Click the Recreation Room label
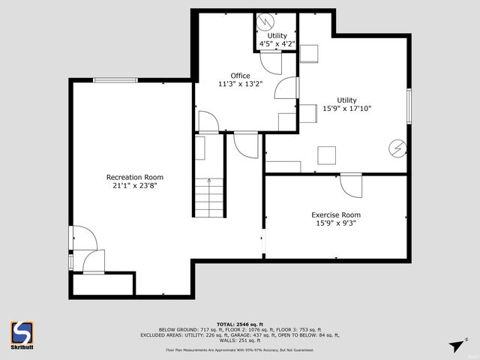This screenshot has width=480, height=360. coord(131,177)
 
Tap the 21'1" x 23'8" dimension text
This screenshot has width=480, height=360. coord(131,185)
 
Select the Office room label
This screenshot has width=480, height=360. coord(240,75)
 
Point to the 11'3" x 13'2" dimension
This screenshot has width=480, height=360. coord(240,84)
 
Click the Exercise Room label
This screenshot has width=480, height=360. coord(335,215)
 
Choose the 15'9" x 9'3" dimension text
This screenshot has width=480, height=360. coord(335,223)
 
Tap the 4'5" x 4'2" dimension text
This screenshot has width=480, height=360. coord(277,44)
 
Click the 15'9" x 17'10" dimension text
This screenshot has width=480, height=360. coord(346,109)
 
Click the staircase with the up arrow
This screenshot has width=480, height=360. coord(209,196)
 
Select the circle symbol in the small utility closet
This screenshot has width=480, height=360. coord(264,22)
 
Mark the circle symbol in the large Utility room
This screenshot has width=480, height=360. coord(396,147)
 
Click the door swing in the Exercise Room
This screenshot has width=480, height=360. coord(350,184)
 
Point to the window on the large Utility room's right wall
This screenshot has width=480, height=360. coord(409,106)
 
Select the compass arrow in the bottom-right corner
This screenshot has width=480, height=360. coord(455,346)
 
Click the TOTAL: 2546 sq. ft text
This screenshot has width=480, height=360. coord(239,322)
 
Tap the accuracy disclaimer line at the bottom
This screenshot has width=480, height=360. coord(240,349)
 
